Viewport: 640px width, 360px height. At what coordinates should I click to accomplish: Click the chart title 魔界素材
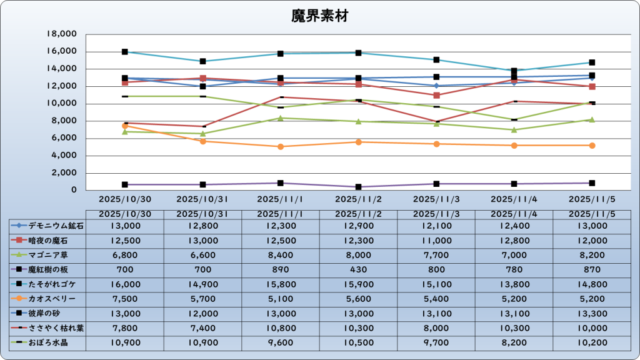click(320, 16)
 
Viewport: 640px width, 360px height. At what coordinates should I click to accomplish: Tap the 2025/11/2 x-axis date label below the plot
click(358, 199)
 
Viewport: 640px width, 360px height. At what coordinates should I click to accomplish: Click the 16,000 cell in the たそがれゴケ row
click(125, 284)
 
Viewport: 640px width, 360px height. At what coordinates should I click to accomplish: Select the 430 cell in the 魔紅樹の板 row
click(358, 270)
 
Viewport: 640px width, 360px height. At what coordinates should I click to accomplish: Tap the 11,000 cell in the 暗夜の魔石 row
click(436, 241)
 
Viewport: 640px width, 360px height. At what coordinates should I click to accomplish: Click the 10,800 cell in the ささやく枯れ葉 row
click(281, 328)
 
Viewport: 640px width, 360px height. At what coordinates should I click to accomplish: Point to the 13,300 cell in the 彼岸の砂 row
click(591, 314)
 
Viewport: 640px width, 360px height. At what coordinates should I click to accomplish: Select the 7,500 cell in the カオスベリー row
click(125, 299)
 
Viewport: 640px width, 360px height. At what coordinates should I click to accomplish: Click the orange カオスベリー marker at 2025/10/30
click(125, 126)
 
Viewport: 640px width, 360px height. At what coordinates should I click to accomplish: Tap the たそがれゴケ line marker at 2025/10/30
click(125, 52)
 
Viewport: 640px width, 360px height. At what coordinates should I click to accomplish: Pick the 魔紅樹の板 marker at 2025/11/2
click(358, 187)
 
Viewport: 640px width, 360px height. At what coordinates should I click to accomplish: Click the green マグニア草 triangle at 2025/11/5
click(591, 119)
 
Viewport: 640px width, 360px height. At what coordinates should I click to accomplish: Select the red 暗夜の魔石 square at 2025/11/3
click(436, 95)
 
